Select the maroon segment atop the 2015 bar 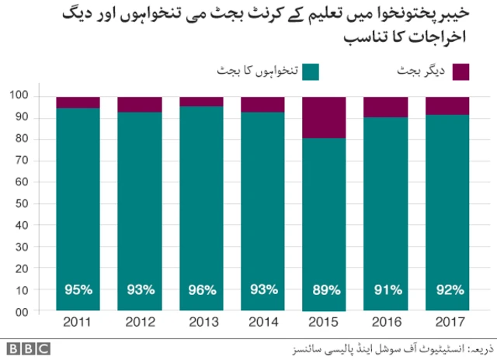[x=324, y=117]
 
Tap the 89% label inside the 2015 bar [x=325, y=290]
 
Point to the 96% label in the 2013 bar [x=201, y=290]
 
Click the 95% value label [x=78, y=290]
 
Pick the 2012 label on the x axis [x=140, y=321]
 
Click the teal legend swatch [x=311, y=72]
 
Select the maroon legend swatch [x=461, y=72]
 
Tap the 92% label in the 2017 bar [x=448, y=290]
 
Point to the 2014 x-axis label [x=262, y=321]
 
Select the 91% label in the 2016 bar [x=386, y=290]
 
